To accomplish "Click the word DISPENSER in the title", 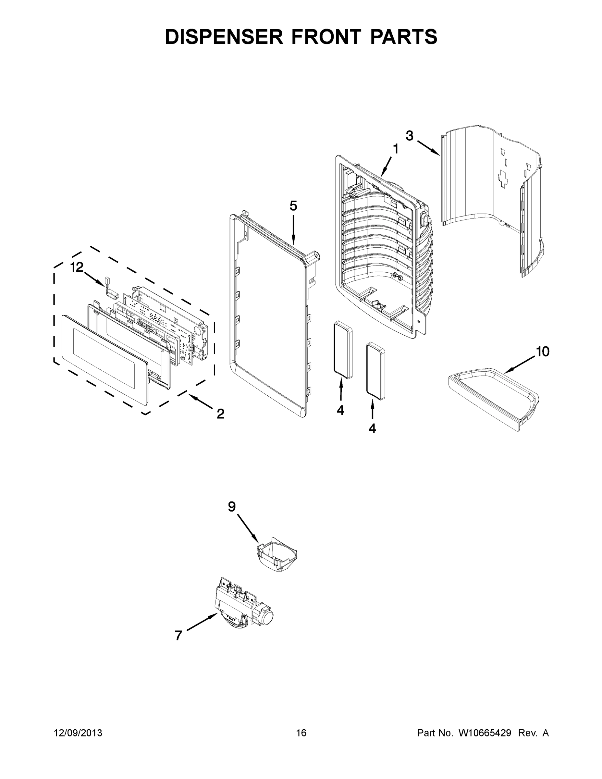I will (x=224, y=37).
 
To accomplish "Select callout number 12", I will (x=77, y=267).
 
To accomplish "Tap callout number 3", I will (x=410, y=136).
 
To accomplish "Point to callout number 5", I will (x=293, y=206).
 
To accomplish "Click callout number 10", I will (x=542, y=352).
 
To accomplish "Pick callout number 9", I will (x=232, y=506).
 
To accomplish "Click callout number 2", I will (x=220, y=414).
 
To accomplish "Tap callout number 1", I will (x=396, y=149).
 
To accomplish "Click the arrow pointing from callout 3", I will (x=428, y=148).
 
